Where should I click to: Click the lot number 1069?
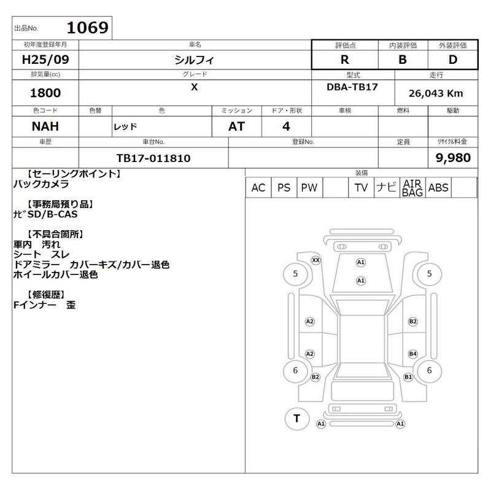[88, 28]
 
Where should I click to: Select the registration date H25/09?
[45, 60]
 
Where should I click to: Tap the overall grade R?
[345, 60]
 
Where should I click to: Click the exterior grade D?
[453, 60]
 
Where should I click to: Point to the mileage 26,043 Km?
[436, 93]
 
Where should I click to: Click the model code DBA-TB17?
[352, 87]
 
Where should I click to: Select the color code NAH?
[45, 126]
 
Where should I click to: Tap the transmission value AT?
[236, 126]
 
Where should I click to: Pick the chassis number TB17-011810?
[153, 158]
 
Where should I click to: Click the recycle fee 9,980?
[453, 158]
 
